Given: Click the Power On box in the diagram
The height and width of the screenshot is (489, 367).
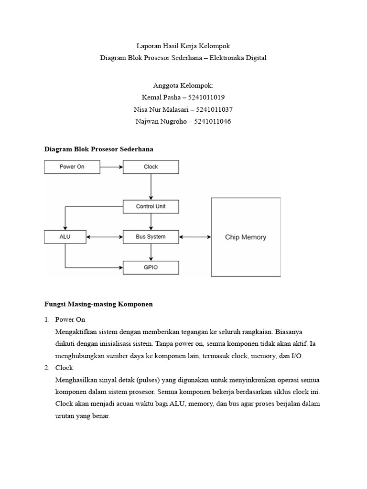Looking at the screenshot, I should (72, 167).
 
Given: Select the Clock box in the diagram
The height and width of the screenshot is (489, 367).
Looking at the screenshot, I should (151, 167).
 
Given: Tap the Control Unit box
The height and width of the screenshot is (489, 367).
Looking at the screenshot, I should (151, 206).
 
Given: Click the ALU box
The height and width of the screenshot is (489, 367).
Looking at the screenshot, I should (65, 236).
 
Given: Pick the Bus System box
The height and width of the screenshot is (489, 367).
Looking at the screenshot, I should (151, 236).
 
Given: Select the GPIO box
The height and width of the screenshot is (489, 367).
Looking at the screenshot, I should (151, 267).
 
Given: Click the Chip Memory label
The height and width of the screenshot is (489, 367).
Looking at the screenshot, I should (246, 237).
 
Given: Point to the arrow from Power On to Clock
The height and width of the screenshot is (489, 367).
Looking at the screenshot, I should (111, 167).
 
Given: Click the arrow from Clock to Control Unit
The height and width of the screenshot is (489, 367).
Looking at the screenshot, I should (151, 187).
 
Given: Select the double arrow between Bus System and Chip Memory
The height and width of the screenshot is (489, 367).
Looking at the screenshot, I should (195, 236).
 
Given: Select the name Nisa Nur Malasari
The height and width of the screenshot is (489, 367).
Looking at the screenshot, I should (160, 109).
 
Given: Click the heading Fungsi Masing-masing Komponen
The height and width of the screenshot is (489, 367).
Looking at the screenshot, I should (98, 304).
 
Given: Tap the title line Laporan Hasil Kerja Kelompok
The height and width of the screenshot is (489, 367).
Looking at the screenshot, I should (183, 46).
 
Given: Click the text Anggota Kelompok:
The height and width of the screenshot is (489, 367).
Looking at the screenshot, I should (183, 85).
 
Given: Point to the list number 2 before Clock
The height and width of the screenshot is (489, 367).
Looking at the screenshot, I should (47, 368).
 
